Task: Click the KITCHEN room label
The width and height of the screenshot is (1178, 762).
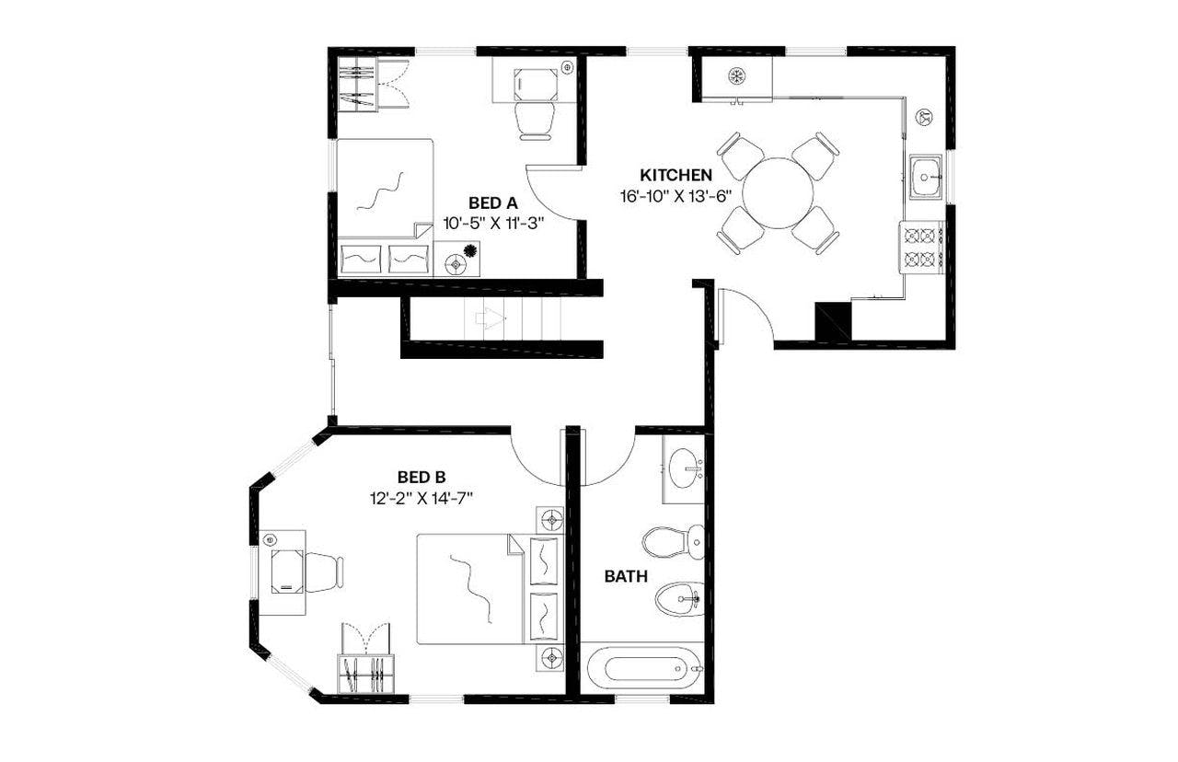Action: coord(676,175)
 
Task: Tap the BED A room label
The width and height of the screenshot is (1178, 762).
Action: coord(493,203)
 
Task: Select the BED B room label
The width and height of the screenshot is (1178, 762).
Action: coord(422,477)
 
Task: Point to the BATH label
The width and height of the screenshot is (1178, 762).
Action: coord(626,577)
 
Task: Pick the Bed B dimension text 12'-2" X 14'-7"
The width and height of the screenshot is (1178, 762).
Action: coord(422,498)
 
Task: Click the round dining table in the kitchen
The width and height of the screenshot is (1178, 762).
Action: coord(778,193)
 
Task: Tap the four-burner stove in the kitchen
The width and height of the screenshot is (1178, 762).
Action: coord(922,247)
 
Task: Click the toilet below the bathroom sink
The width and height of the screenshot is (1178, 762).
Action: coord(672,541)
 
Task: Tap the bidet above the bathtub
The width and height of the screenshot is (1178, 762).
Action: coord(679,599)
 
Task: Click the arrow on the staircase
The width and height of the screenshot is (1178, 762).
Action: coord(490,319)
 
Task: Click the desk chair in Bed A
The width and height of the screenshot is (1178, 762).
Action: coord(535,120)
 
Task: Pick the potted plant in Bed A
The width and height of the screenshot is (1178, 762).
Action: coord(471,250)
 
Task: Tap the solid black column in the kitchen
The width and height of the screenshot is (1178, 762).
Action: coord(833,321)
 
